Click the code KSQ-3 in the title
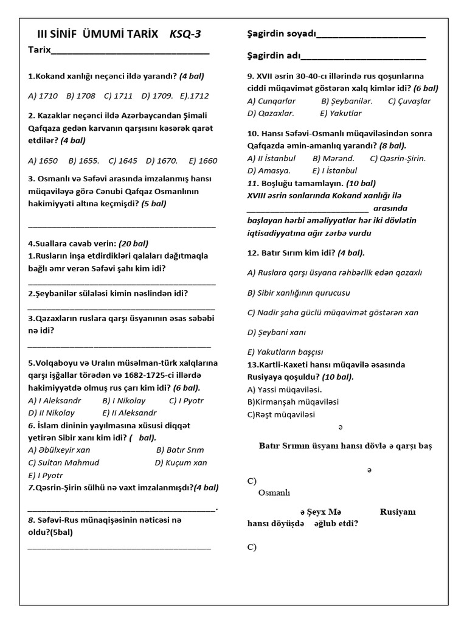pyautogui.click(x=185, y=34)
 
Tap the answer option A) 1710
pyautogui.click(x=43, y=96)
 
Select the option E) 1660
pyautogui.click(x=202, y=161)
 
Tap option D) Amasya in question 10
pyautogui.click(x=269, y=170)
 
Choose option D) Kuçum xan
pyautogui.click(x=181, y=462)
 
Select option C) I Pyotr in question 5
pyautogui.click(x=186, y=400)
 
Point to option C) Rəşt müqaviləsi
pyautogui.click(x=281, y=414)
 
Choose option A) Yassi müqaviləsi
pyautogui.click(x=285, y=389)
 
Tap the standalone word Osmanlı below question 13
pyautogui.click(x=274, y=493)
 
